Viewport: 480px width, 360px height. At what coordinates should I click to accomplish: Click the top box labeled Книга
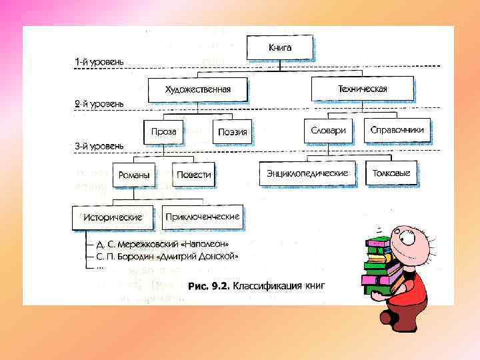(x=280, y=48)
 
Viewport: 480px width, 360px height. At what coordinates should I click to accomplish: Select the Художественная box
(x=198, y=90)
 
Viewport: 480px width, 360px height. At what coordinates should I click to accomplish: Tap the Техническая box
(x=362, y=89)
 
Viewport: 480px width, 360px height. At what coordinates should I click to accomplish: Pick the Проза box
(x=163, y=131)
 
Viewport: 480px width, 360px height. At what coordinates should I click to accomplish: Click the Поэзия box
(x=233, y=132)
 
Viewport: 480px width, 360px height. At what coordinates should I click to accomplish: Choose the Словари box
(x=328, y=131)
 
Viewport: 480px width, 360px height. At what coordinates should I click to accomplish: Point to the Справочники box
(x=397, y=131)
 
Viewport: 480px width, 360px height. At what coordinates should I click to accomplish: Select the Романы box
(x=133, y=175)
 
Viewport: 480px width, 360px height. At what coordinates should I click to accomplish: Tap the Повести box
(x=193, y=175)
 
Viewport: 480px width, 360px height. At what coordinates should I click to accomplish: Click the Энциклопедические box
(x=307, y=173)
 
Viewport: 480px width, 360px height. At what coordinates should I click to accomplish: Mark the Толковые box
(x=392, y=173)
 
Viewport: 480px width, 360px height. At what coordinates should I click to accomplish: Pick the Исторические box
(x=113, y=217)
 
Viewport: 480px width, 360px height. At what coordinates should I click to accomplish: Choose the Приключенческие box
(x=203, y=217)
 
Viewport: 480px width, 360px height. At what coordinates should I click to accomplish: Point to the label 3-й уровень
(x=99, y=145)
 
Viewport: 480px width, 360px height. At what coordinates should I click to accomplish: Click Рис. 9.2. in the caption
(x=209, y=286)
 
